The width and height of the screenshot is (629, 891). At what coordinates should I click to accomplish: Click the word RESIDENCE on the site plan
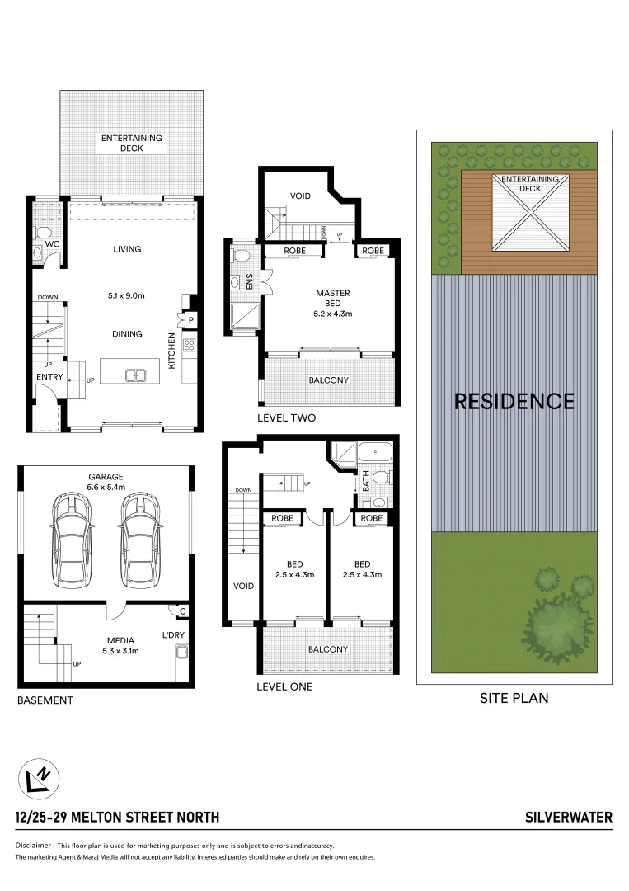[514, 401]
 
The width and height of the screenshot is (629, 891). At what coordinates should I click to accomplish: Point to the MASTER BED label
[333, 298]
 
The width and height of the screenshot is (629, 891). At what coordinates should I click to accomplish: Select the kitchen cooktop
[189, 346]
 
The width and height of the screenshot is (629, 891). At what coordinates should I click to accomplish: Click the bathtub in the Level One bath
[379, 452]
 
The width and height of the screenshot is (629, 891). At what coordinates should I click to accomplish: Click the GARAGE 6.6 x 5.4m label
[106, 482]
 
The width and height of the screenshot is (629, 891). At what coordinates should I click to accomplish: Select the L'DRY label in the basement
[172, 635]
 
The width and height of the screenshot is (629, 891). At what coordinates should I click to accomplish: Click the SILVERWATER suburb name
[569, 818]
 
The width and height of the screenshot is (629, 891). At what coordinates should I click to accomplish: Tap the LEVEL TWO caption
[286, 418]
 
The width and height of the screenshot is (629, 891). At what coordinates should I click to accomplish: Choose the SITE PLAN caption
[514, 698]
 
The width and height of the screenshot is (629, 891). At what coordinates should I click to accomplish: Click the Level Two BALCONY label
[328, 380]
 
